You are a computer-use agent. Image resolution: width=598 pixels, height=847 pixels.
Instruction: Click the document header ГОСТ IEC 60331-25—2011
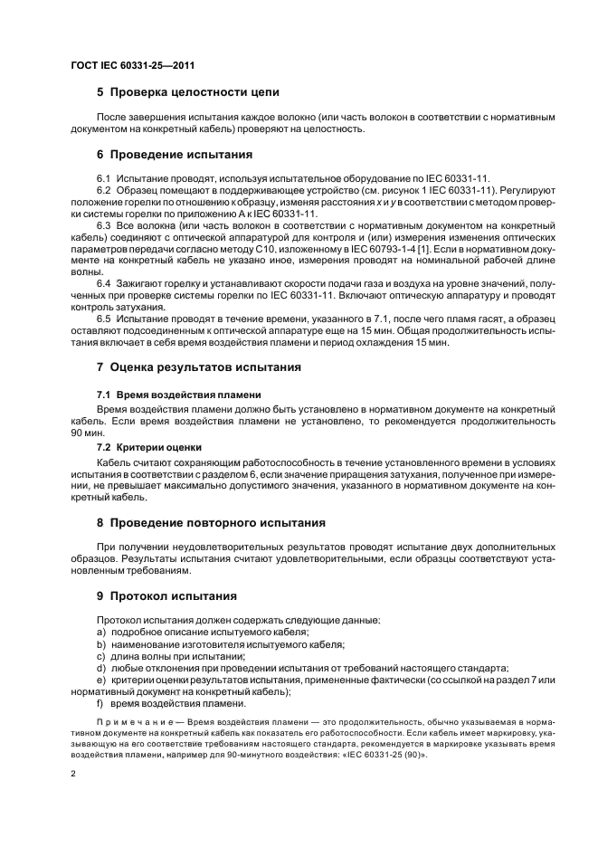(133, 66)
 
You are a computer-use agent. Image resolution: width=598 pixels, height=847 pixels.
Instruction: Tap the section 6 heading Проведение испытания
(175, 155)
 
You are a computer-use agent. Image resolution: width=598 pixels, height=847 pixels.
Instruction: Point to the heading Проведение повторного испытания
(216, 522)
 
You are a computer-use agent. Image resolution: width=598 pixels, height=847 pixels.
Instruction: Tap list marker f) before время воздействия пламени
(100, 702)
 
